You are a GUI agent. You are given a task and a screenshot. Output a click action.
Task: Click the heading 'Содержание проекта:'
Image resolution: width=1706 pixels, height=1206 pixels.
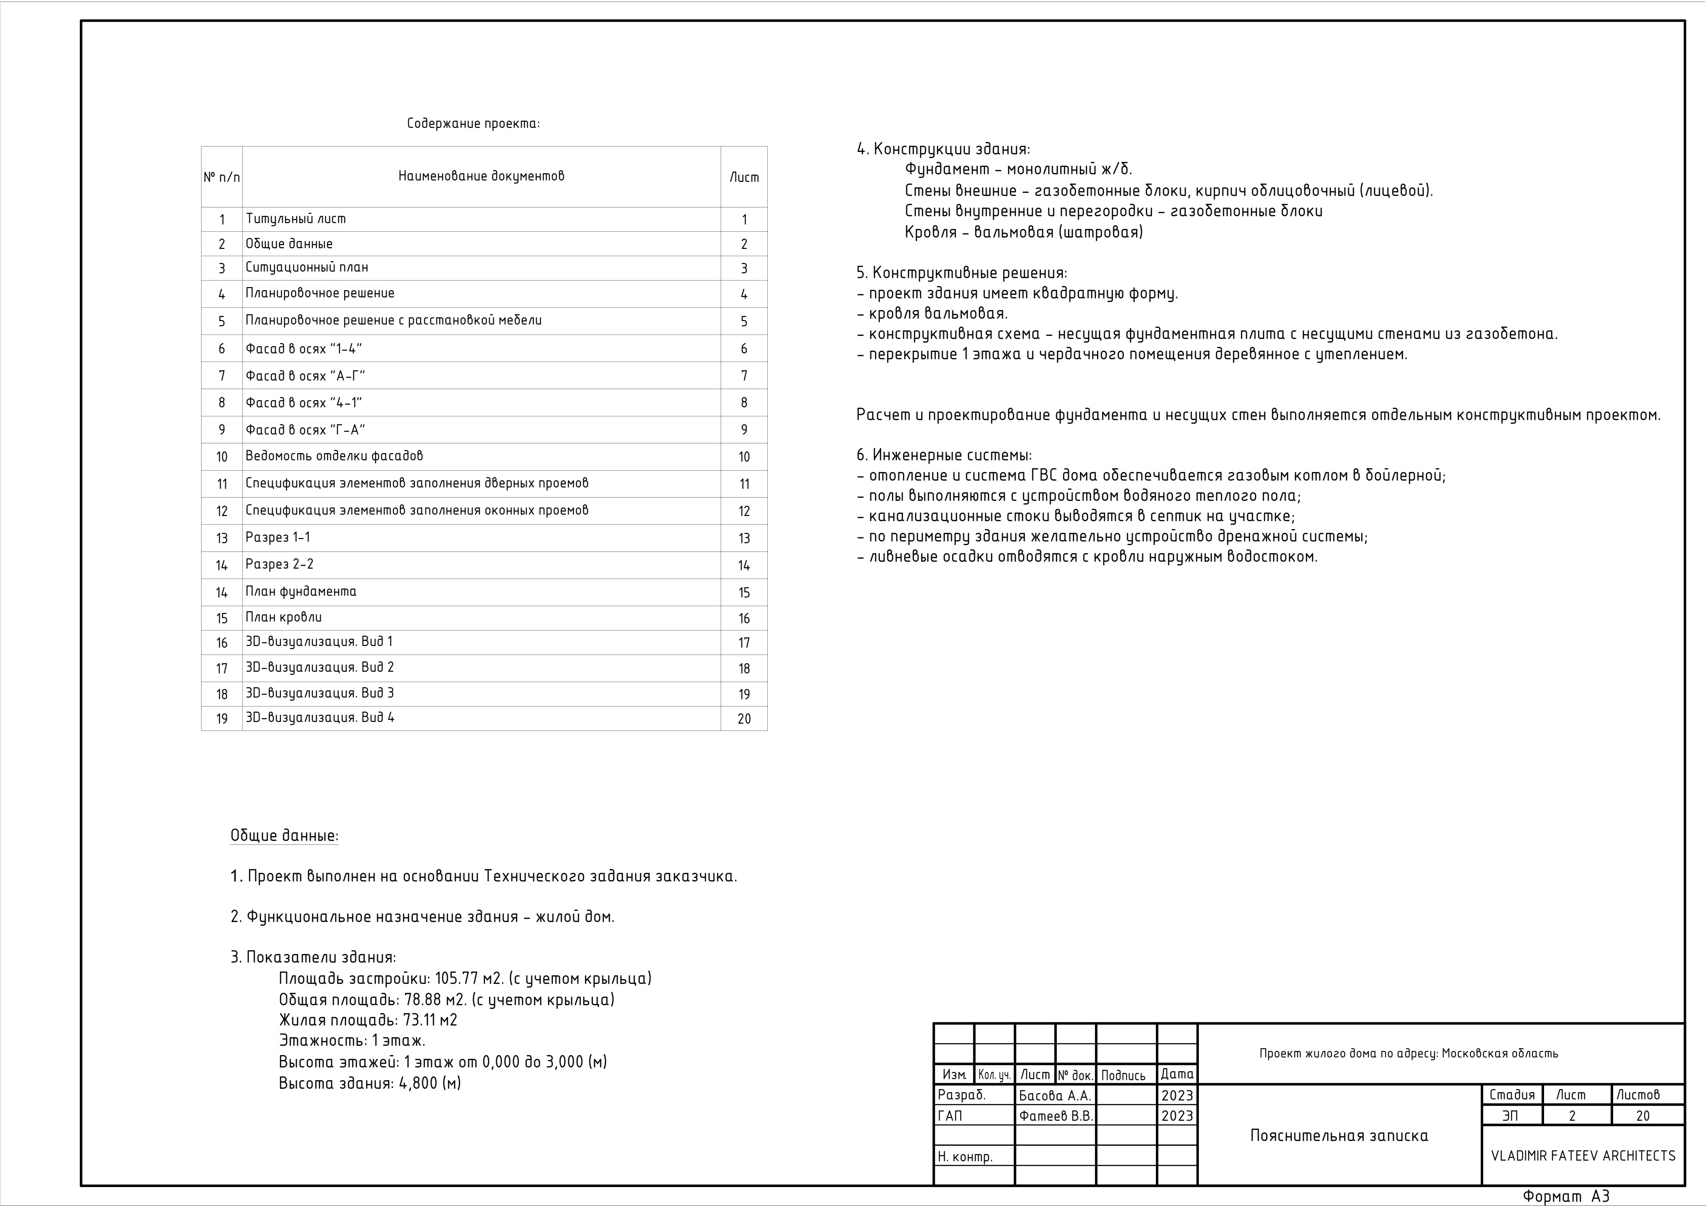[x=473, y=123]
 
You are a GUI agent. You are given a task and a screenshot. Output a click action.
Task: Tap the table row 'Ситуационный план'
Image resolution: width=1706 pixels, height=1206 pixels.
[x=307, y=267]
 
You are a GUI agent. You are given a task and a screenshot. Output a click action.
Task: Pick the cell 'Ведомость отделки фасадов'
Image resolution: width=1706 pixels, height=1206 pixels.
[x=335, y=456]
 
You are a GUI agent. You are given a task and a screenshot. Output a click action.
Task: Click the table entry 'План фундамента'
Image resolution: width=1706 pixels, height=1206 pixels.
[x=301, y=592]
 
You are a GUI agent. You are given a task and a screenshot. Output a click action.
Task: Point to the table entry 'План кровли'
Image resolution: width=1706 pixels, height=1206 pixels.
[x=284, y=617]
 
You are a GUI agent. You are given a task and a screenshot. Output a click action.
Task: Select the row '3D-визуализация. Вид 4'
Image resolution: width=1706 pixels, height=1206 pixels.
[x=320, y=718]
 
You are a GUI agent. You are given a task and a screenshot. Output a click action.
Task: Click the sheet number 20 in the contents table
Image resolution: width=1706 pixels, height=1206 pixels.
[x=744, y=719]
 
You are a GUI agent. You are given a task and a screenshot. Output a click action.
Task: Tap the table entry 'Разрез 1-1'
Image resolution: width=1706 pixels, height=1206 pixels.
[x=278, y=537]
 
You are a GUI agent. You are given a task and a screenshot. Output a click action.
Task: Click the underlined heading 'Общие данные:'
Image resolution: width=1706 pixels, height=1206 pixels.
[x=284, y=836]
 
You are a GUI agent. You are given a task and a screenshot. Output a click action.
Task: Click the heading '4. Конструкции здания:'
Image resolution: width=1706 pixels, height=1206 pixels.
[x=943, y=149]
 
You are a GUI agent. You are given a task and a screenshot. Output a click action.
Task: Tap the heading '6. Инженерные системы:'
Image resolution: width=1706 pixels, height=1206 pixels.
[x=944, y=456]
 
